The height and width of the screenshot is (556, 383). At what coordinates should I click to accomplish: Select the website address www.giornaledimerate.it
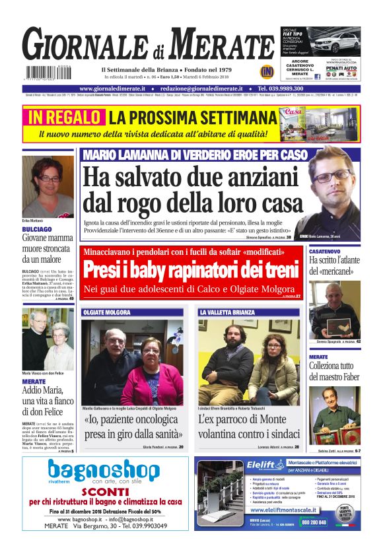[x=116, y=88]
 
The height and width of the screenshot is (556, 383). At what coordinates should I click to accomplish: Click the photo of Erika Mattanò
[x=48, y=186]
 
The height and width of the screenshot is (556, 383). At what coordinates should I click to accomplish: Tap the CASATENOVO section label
[x=328, y=252]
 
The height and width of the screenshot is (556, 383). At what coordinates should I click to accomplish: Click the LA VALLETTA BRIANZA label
[x=228, y=312]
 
